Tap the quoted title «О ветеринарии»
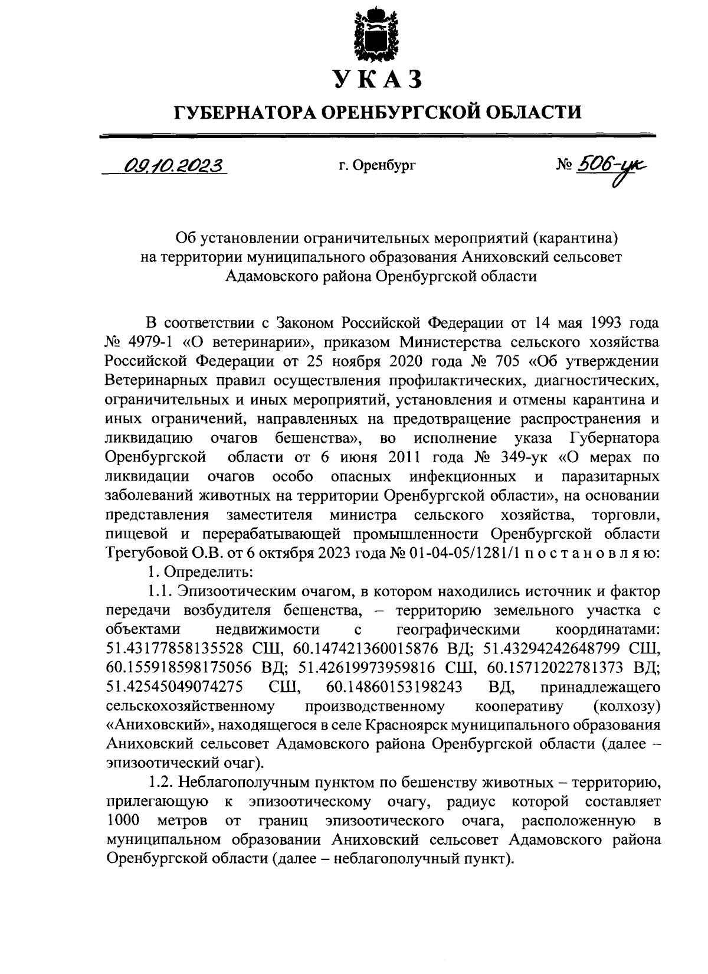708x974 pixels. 235,342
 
